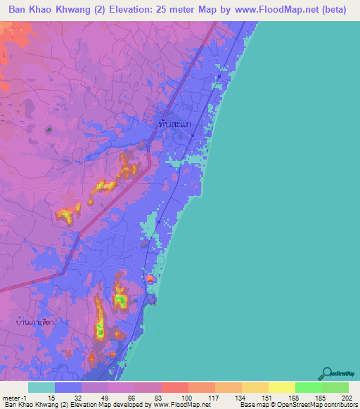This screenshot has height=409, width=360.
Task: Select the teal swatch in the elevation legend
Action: point(41,387)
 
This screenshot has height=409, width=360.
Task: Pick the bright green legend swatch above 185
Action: point(309,387)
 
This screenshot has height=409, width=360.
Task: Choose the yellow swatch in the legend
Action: point(282,387)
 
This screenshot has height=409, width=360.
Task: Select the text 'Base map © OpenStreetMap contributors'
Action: point(298,405)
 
